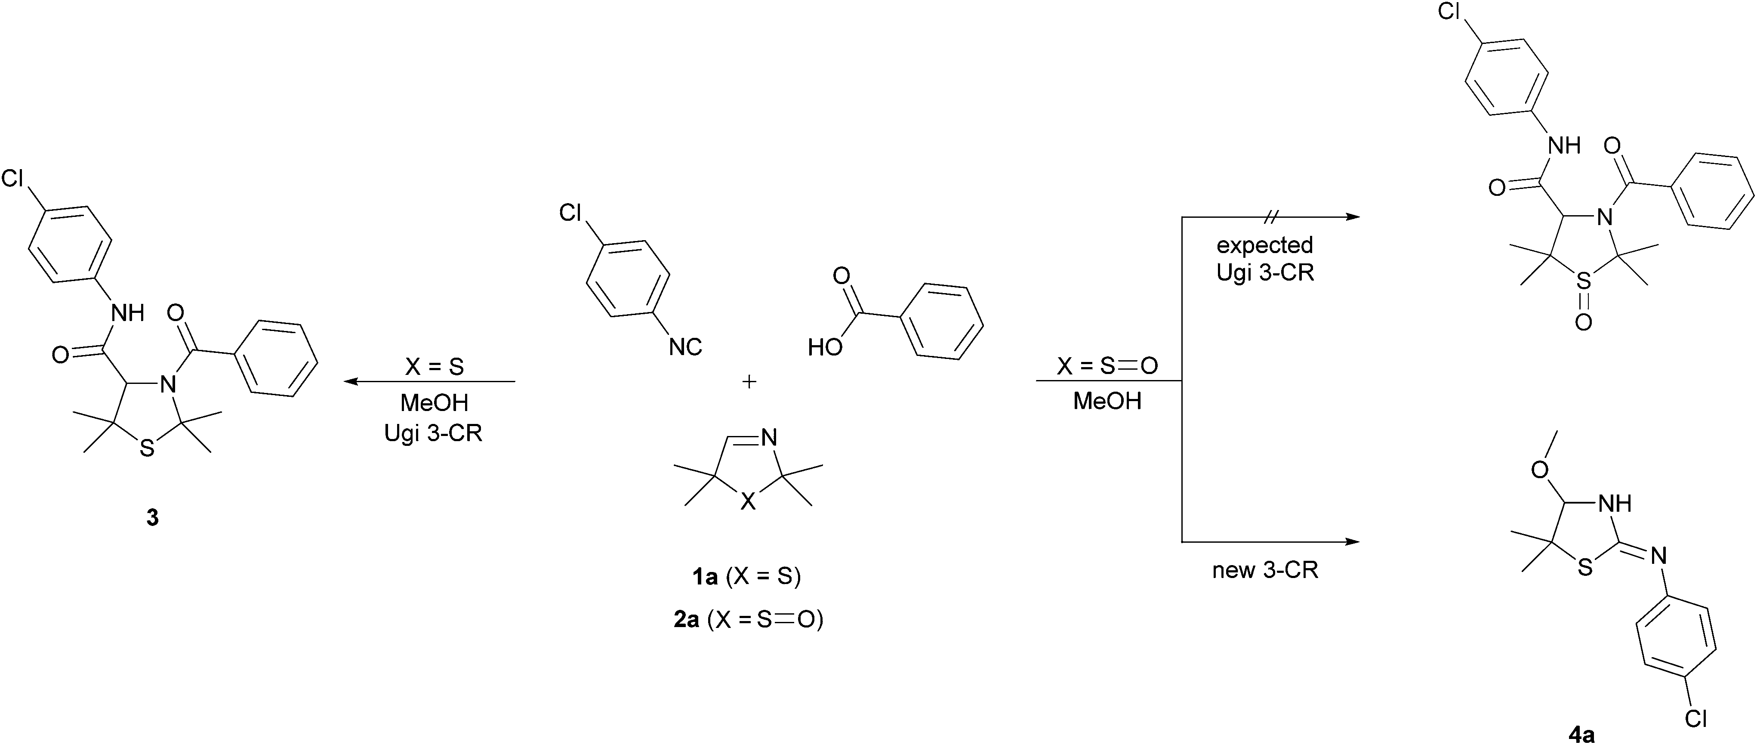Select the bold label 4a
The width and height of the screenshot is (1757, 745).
pyautogui.click(x=1582, y=734)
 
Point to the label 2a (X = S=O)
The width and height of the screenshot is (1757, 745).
pyautogui.click(x=748, y=619)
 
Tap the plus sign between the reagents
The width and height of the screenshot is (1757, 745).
pyautogui.click(x=749, y=381)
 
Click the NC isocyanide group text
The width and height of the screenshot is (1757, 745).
pyautogui.click(x=685, y=347)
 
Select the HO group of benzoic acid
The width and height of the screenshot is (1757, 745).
pyautogui.click(x=825, y=348)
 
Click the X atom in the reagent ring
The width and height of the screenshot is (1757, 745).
pyautogui.click(x=748, y=503)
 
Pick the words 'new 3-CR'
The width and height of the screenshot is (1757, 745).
pyautogui.click(x=1265, y=570)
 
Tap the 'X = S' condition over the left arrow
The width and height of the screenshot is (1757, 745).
pyautogui.click(x=435, y=367)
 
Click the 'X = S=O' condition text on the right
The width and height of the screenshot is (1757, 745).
pyautogui.click(x=1108, y=366)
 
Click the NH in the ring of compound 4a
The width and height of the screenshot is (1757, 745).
pyautogui.click(x=1615, y=504)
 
